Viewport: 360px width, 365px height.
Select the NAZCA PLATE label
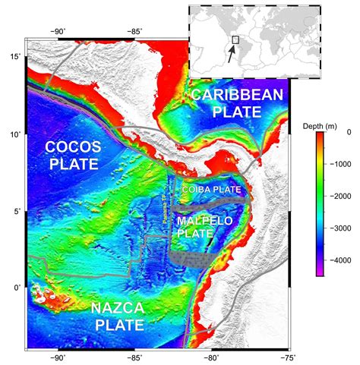119,316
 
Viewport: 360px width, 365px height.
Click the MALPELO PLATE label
206,227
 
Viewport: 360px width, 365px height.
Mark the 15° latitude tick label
15,57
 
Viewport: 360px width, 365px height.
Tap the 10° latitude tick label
15,134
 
